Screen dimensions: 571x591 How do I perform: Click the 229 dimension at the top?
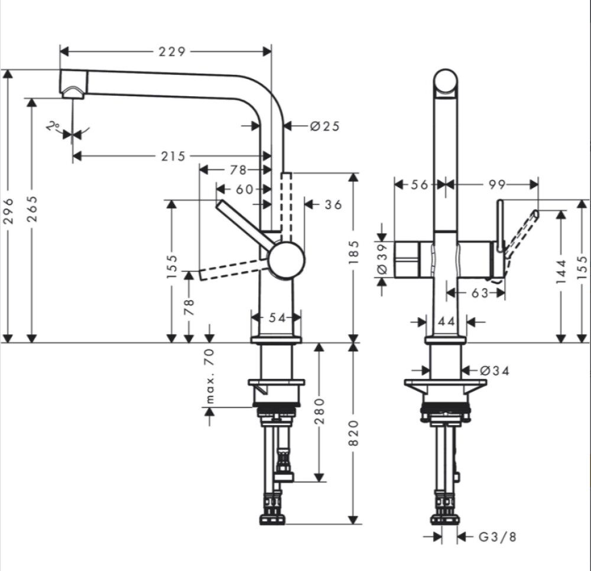tap(172, 51)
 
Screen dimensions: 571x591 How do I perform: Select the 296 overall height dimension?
tap(8, 210)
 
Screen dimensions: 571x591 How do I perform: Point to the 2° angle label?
tap(54, 126)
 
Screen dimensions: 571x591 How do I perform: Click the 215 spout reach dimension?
tap(172, 156)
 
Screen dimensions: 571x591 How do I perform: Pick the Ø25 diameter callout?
tap(324, 125)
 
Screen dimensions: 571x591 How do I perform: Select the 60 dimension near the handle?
tap(243, 189)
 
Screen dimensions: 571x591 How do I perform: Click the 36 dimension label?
tap(333, 204)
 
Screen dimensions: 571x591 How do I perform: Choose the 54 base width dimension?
tap(277, 318)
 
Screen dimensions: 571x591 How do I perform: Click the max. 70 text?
tap(209, 376)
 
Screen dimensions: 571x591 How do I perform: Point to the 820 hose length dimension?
tap(353, 434)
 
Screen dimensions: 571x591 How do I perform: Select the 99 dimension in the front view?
tap(497, 185)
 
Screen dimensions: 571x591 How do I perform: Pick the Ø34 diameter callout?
tap(495, 370)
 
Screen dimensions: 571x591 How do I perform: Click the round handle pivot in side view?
tap(286, 260)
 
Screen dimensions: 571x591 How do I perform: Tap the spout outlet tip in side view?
tap(73, 92)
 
